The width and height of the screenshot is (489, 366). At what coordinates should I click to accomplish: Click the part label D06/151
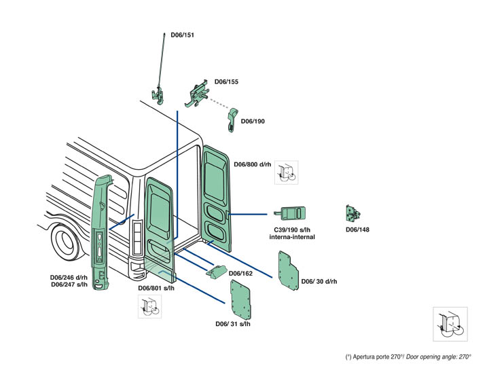tap(182, 35)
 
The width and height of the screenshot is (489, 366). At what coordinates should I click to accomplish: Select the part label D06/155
tap(226, 81)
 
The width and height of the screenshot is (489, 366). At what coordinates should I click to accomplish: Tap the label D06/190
tap(253, 122)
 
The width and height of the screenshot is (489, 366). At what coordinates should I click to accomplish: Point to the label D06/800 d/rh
tap(252, 164)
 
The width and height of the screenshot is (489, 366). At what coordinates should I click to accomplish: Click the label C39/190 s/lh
tap(289, 230)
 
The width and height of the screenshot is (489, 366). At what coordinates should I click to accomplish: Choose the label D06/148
tap(357, 230)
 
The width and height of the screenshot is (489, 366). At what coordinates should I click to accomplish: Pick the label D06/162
tap(240, 273)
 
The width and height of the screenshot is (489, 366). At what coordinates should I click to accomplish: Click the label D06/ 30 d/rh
tap(319, 281)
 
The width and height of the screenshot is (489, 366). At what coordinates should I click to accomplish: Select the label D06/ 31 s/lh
tap(232, 324)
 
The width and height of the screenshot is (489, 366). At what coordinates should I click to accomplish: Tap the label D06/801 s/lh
tap(156, 288)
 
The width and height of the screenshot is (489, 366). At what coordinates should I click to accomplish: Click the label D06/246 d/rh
tap(69, 277)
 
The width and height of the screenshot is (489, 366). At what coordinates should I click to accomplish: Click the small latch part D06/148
tap(353, 213)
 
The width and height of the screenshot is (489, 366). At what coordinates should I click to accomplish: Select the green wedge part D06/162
tap(215, 272)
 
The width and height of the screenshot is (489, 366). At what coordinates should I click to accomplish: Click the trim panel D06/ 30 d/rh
tap(289, 270)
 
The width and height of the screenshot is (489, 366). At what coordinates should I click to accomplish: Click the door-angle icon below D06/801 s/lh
tap(149, 307)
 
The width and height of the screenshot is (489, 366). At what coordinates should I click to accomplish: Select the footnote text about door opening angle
tap(407, 356)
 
